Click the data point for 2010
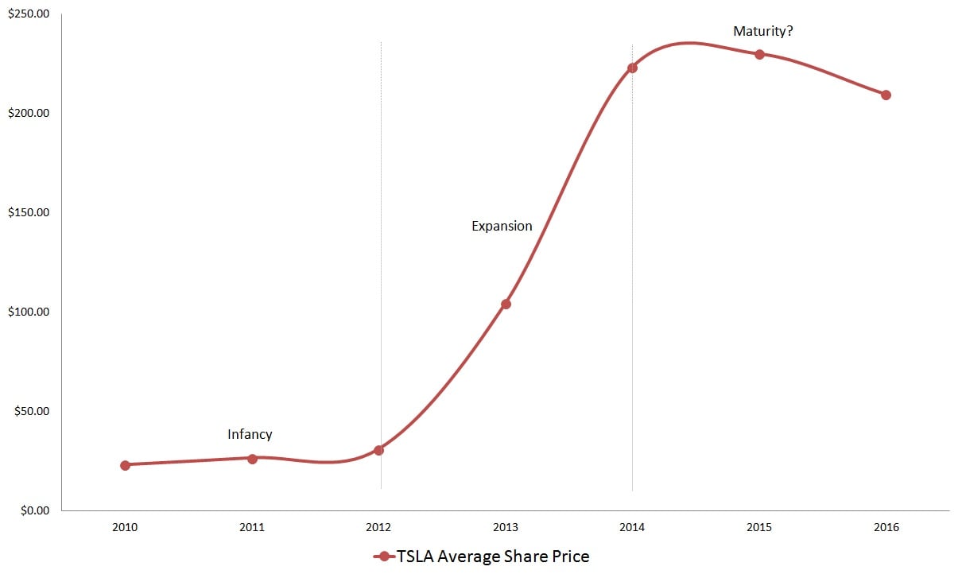[x=125, y=465]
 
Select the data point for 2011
[x=252, y=459]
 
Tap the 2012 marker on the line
[x=378, y=450]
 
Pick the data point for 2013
[x=506, y=304]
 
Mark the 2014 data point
[x=632, y=68]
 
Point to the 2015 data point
[x=759, y=54]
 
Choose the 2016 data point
[x=886, y=95]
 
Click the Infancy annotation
[x=250, y=434]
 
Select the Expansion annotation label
[x=502, y=226]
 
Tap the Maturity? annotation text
[x=763, y=33]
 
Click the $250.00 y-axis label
[x=28, y=14]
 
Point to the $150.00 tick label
[x=28, y=212]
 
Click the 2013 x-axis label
[x=506, y=527]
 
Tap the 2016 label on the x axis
[x=886, y=527]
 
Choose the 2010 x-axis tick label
[x=125, y=527]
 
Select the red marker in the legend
[x=385, y=557]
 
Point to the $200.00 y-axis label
[x=28, y=113]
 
